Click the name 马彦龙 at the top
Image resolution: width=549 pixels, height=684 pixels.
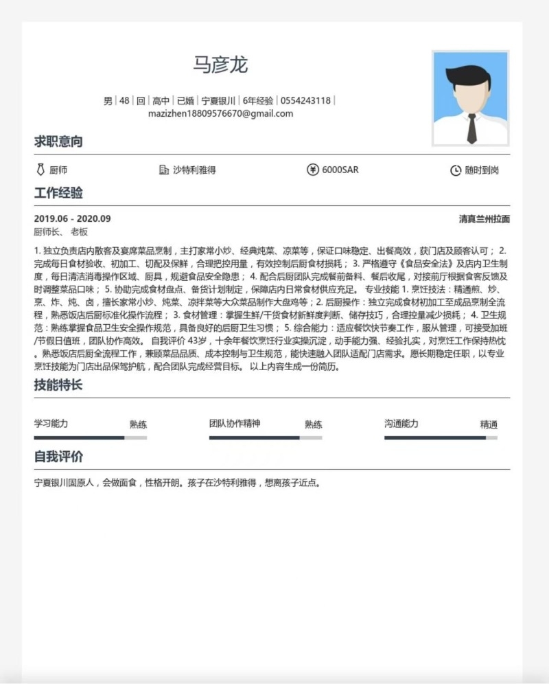pos(220,65)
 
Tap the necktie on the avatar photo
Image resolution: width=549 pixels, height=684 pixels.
pos(471,128)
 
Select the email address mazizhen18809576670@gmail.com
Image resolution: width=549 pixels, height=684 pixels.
pos(220,113)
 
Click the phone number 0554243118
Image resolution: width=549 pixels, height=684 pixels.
pos(305,100)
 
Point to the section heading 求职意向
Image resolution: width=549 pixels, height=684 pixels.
pos(58,141)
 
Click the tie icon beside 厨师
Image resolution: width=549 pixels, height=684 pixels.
pos(40,170)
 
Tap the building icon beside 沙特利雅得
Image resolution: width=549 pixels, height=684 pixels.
pos(163,170)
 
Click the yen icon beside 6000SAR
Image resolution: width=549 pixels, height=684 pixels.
pos(313,170)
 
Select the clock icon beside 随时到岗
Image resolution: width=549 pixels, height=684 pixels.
pos(455,170)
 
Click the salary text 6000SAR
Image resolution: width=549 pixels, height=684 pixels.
pos(340,170)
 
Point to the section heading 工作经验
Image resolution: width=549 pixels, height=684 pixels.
pos(58,192)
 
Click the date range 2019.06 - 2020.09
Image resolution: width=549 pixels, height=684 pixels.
pos(72,219)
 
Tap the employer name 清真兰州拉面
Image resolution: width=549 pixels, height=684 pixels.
pos(484,219)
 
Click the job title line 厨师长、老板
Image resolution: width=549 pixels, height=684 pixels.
pos(61,232)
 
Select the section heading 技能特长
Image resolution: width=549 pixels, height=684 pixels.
pos(58,385)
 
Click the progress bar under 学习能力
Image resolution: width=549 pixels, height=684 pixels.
pos(90,437)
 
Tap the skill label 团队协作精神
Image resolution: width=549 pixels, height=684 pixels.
pos(235,424)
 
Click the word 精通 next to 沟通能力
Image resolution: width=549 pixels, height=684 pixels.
pos(489,424)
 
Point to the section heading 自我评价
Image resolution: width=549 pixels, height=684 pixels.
pos(58,457)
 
